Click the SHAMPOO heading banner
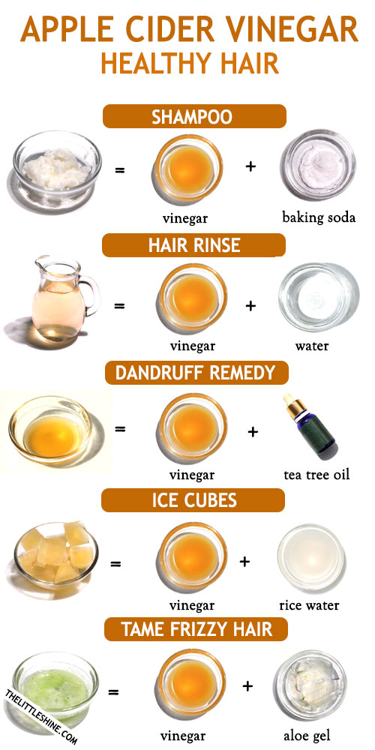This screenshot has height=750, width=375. coord(194,116)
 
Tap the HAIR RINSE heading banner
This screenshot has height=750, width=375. coord(193,245)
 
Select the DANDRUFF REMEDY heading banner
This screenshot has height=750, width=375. coord(196,373)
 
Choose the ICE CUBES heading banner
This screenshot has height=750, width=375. coord(193,500)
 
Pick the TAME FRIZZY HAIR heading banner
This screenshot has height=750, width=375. coord(196,629)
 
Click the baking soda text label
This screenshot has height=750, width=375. coord(319,217)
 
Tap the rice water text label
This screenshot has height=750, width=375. coord(309,605)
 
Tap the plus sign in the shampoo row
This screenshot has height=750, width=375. coord(250,167)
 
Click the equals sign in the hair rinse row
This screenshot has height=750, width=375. coord(119,304)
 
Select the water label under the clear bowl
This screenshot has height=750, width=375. coord(312,345)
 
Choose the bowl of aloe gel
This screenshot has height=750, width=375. coord(310,686)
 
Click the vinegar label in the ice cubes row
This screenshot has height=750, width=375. coord(192,605)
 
